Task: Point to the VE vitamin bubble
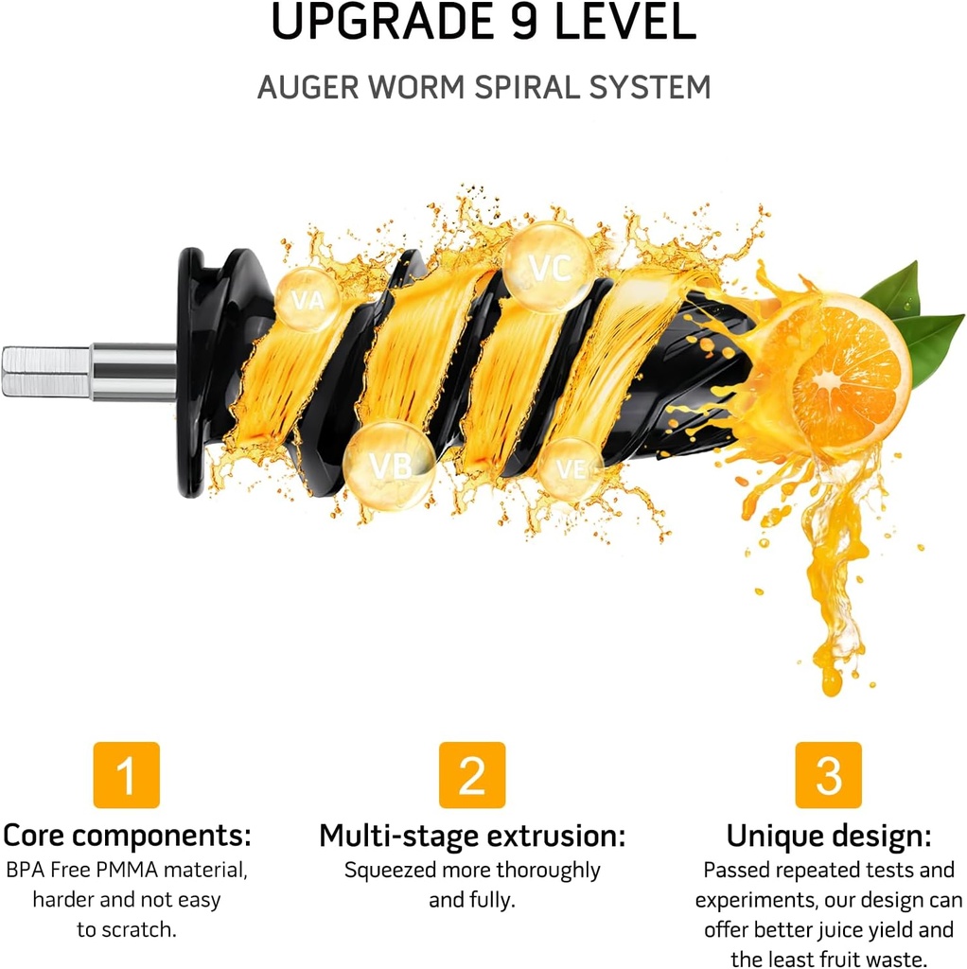(571, 468)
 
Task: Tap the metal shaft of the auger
(90, 371)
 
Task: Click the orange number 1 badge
(126, 775)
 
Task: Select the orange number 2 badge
(471, 775)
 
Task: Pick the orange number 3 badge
(828, 775)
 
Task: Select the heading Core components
(127, 836)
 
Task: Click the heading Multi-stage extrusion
(471, 836)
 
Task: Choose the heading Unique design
(828, 836)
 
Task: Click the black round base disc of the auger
(192, 371)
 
